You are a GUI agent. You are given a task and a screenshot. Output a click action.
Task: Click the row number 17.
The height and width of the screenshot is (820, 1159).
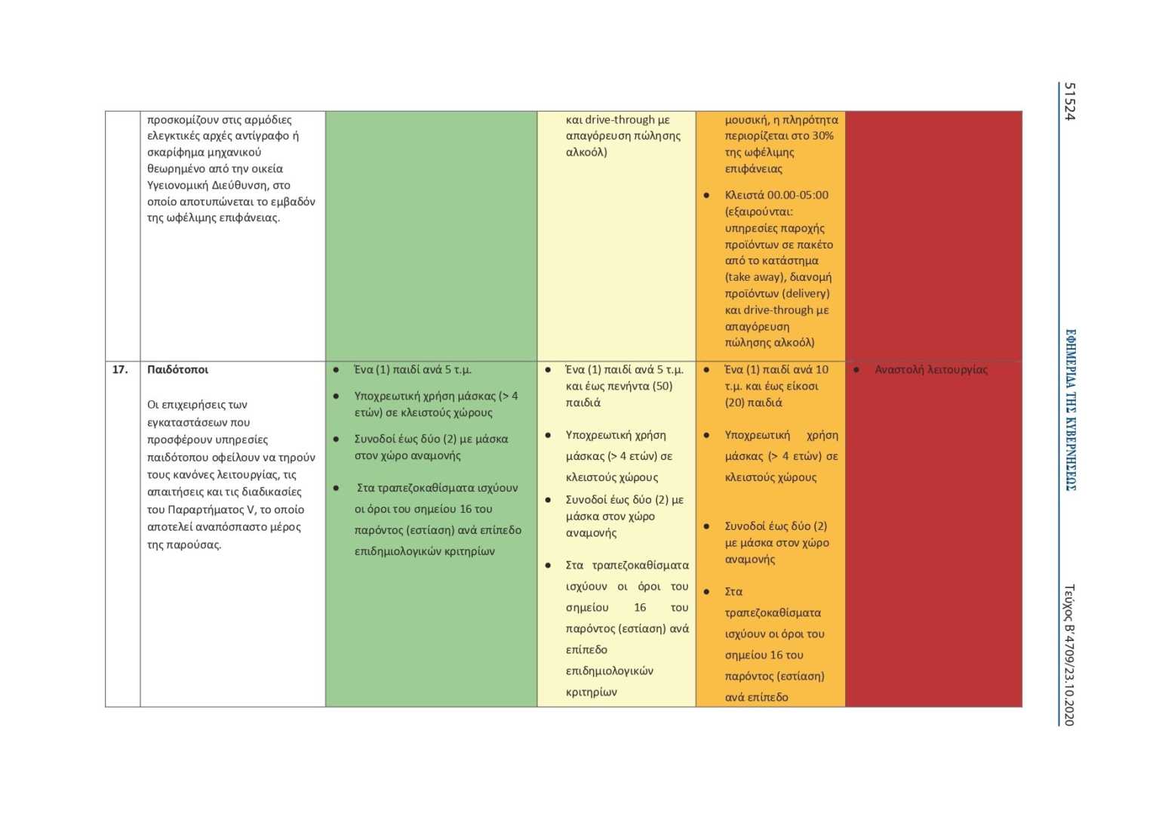[x=120, y=369]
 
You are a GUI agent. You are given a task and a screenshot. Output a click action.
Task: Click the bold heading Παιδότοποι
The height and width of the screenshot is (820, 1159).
[x=177, y=369]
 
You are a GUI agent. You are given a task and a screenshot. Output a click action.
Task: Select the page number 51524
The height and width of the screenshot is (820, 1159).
[x=1069, y=101]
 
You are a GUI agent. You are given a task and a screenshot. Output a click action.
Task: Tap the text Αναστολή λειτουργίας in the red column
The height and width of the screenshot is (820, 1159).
[x=930, y=369]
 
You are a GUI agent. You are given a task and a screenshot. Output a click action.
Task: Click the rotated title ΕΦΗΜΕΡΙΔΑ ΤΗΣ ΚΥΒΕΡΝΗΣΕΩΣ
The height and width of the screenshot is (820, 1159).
[x=1070, y=409]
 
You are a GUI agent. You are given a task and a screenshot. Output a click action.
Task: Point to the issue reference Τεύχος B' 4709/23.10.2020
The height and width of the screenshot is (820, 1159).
[x=1069, y=655]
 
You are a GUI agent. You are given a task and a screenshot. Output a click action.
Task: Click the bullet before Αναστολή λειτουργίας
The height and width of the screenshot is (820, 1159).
[x=856, y=370]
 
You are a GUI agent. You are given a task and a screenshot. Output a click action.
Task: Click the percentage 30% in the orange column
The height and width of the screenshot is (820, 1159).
[x=822, y=136]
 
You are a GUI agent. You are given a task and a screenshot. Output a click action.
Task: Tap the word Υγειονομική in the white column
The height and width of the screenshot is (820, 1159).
[x=177, y=185]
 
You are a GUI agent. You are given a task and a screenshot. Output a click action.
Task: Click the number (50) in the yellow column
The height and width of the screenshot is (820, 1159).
[x=656, y=386]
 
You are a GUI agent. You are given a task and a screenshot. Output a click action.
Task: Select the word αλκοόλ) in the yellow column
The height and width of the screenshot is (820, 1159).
[x=586, y=152]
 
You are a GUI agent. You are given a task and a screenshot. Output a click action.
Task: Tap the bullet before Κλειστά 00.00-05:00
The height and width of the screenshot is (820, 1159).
[x=706, y=195]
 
